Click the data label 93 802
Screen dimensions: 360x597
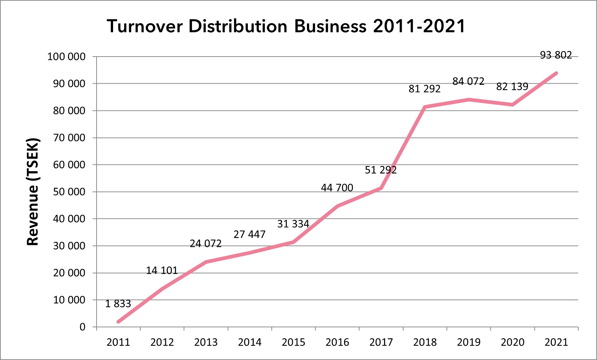[x=556, y=55]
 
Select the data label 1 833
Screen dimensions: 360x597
[x=118, y=304]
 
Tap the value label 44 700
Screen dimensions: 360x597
[x=337, y=188]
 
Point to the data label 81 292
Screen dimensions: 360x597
[x=424, y=89]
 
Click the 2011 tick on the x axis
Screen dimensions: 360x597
[x=118, y=342]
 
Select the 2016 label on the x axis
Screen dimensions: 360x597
[x=337, y=342]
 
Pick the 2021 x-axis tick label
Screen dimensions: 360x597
[x=556, y=342]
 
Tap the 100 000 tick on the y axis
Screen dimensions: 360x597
[x=66, y=57]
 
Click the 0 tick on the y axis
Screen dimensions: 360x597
[x=82, y=327]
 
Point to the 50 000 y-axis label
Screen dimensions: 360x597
[x=69, y=192]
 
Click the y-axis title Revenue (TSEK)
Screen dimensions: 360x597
[x=33, y=192]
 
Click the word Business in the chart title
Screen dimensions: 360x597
[x=330, y=26]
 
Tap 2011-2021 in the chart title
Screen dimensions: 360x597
[x=419, y=26]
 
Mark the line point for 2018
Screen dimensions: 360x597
[x=424, y=107]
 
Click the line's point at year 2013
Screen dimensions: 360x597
[x=206, y=262]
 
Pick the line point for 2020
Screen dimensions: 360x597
[x=512, y=105]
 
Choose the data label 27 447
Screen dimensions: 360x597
[x=249, y=234]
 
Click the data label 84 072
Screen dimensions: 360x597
[x=468, y=81]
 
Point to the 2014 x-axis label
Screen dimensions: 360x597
[x=250, y=342]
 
